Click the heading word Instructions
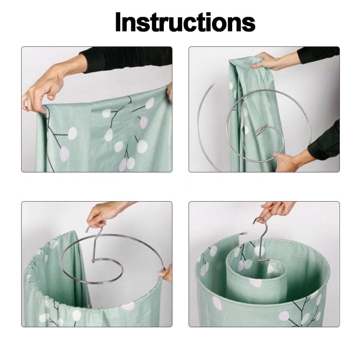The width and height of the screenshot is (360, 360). coord(184,22)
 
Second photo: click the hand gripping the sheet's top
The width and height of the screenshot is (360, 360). coord(268,61)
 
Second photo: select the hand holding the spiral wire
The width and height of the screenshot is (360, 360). coord(286,161)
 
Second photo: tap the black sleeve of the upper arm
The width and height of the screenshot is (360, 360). coord(317,55)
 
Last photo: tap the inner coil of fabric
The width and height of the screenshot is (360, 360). coord(252,283)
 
